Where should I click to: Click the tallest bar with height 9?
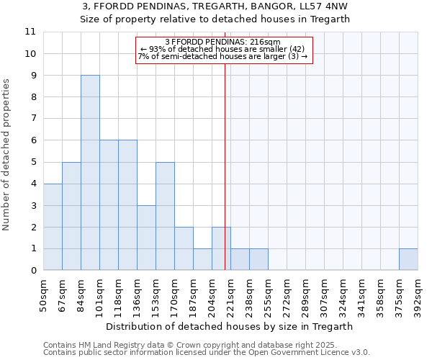point(90,173)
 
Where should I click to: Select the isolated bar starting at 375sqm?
point(408,259)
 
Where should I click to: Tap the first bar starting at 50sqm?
point(53,227)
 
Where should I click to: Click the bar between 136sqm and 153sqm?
point(146,238)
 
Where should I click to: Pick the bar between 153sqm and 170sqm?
point(165,216)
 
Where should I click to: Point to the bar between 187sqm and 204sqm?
point(202,259)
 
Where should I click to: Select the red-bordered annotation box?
point(225,50)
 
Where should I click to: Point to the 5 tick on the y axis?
point(33,162)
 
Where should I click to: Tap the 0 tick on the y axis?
point(33,271)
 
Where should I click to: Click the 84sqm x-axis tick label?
point(81,295)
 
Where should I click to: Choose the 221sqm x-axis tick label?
point(231,295)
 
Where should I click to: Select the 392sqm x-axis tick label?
point(418,295)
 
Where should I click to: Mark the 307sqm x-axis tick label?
point(325,295)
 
